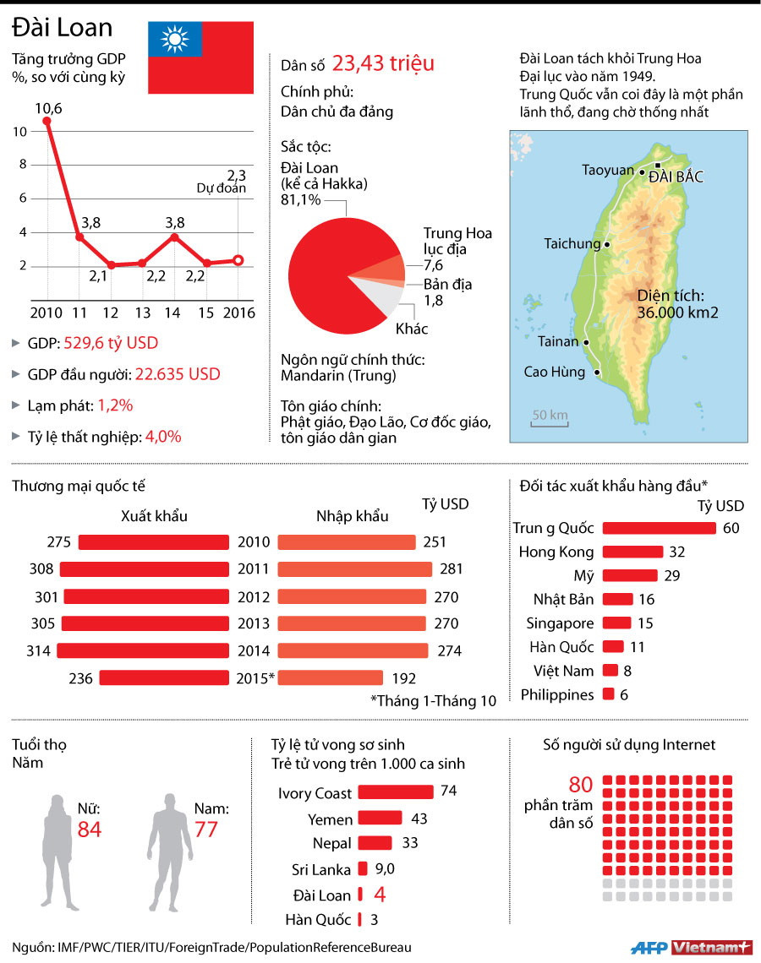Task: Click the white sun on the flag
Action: (176, 40)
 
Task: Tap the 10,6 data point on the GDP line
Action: (47, 121)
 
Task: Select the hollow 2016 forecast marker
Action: (238, 260)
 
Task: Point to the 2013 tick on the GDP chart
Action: (143, 313)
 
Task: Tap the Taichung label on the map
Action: (572, 244)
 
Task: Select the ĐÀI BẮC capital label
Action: (675, 177)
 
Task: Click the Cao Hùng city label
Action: (554, 372)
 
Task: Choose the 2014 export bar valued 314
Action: (143, 651)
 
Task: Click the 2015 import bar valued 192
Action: (330, 677)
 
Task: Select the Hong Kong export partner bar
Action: (633, 552)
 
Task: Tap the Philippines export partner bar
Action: (610, 695)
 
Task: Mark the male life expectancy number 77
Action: (206, 830)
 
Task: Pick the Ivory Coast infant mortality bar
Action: (395, 792)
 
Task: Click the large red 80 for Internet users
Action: (581, 785)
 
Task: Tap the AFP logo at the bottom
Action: (649, 947)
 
